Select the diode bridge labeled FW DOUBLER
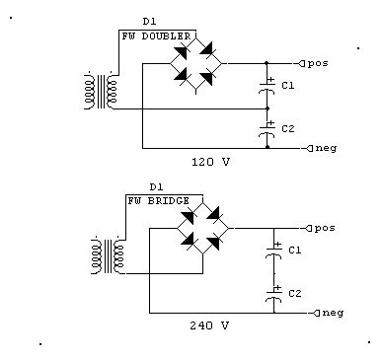197,61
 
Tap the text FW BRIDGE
154,200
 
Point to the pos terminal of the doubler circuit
315,62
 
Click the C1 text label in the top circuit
288,87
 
